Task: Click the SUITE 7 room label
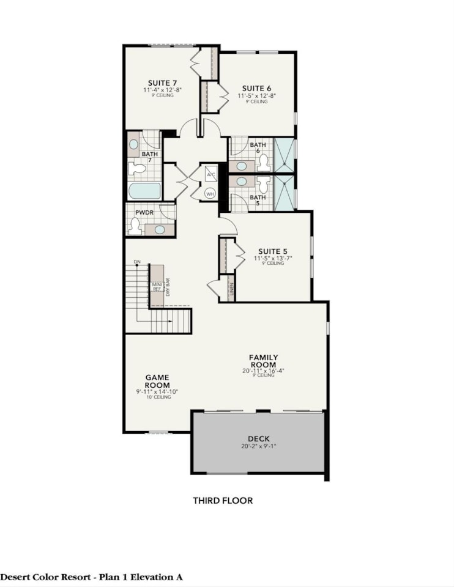click(x=162, y=83)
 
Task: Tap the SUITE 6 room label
click(x=253, y=88)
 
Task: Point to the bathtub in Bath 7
click(x=144, y=191)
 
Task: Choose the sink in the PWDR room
click(x=160, y=230)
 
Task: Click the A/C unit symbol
click(x=211, y=174)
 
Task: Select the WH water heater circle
click(x=210, y=194)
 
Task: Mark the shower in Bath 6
click(x=285, y=155)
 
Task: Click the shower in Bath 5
click(x=285, y=193)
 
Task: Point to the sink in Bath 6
click(x=242, y=166)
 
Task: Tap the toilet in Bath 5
click(x=264, y=183)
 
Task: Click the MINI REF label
click(x=157, y=286)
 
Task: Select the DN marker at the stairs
click(x=138, y=262)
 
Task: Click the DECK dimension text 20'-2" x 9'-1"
click(x=259, y=446)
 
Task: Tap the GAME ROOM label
click(x=157, y=381)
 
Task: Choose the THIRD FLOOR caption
click(x=223, y=500)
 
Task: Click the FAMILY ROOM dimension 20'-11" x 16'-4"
click(x=263, y=370)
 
